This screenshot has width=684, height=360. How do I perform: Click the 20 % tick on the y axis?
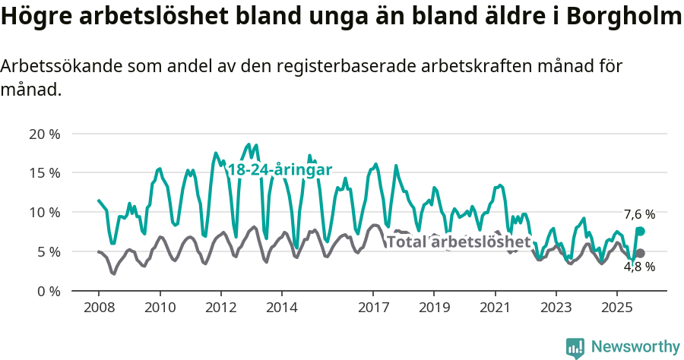[x=44, y=134]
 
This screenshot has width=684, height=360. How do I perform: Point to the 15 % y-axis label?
[x=44, y=172]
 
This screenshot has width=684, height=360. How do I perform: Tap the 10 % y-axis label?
[x=44, y=212]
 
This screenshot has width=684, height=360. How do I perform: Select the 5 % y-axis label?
[x=48, y=251]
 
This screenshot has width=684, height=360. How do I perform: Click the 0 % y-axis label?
[x=48, y=291]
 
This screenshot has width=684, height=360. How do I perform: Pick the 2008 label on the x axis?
[x=99, y=308]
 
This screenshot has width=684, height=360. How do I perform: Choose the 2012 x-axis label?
[x=220, y=308]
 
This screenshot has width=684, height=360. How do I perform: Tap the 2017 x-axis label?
[x=373, y=308]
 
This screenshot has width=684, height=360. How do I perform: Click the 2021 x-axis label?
[x=495, y=308]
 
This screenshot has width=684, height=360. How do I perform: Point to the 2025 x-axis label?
[x=616, y=308]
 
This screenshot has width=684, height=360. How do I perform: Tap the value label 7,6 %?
[x=639, y=214]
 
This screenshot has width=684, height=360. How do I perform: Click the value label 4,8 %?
[x=639, y=267]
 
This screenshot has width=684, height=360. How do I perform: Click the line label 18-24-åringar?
[x=280, y=170]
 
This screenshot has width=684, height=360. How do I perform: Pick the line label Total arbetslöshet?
[x=458, y=242]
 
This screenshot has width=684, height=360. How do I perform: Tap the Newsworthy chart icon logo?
[x=575, y=348]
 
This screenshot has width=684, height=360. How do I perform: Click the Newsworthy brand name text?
[x=635, y=347]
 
